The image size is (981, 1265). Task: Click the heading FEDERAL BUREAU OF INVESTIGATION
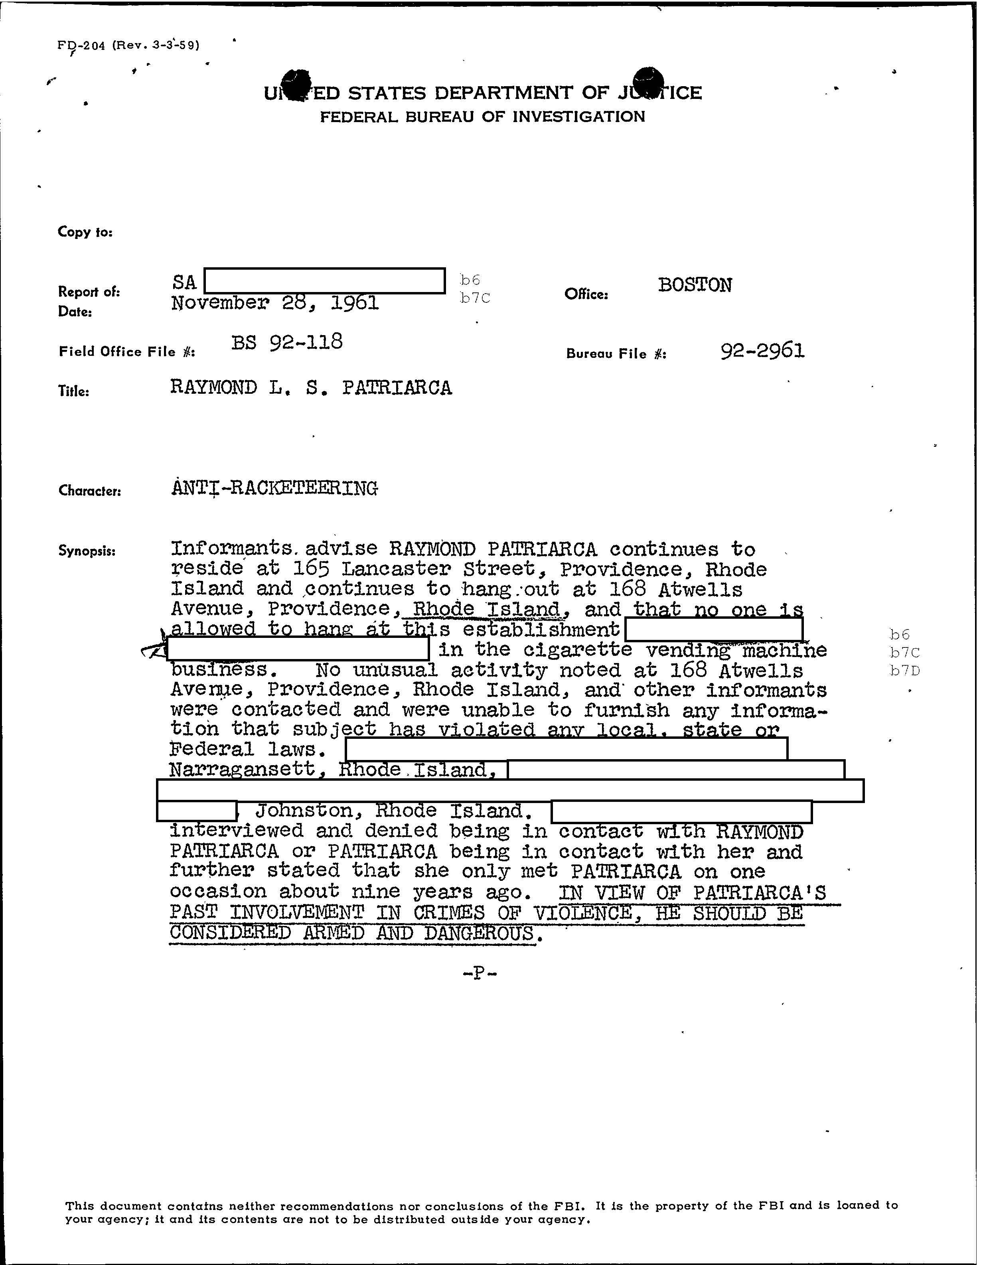point(482,117)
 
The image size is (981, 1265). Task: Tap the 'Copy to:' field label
point(85,232)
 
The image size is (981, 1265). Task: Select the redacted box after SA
point(325,281)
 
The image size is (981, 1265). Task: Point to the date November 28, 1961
point(275,303)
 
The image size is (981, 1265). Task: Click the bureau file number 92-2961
point(762,350)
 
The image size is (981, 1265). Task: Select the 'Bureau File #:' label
point(616,353)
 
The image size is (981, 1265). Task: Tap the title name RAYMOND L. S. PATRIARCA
point(311,387)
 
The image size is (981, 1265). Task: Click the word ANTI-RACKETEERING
point(274,488)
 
